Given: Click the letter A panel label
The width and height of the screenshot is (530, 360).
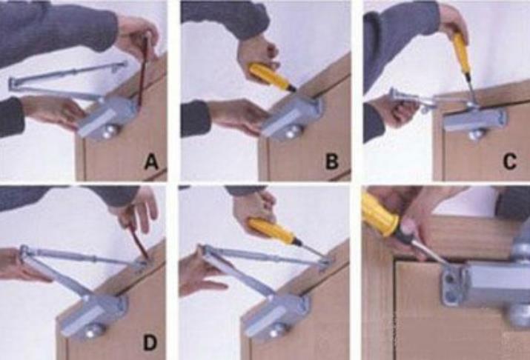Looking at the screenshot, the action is (151, 162).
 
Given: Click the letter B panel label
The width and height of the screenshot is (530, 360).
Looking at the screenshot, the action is (331, 161).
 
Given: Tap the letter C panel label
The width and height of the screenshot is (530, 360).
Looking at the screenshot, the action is (510, 161).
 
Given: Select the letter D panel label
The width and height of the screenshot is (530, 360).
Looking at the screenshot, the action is (150, 342).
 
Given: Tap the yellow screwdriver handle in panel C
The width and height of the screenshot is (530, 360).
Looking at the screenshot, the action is (460, 53).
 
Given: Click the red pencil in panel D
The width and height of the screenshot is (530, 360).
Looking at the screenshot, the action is (138, 243).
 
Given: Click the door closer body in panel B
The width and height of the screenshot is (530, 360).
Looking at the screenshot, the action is (291, 116).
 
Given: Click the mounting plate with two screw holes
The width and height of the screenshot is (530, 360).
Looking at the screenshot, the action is (452, 287).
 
